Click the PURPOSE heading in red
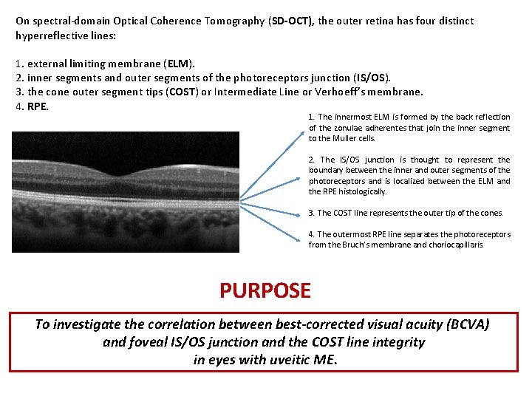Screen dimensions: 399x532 pyautogui.click(x=265, y=290)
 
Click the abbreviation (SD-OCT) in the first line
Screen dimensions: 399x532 pyautogui.click(x=292, y=21)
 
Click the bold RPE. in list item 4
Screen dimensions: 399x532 pyautogui.click(x=38, y=106)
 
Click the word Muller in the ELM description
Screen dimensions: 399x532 pyautogui.click(x=344, y=138)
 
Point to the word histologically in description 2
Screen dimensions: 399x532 pyautogui.click(x=357, y=191)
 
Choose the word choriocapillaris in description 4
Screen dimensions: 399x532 pyautogui.click(x=457, y=245)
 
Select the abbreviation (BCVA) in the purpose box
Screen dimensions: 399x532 pyautogui.click(x=462, y=324)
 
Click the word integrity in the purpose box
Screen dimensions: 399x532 pyautogui.click(x=397, y=342)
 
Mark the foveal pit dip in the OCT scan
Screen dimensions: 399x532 pyautogui.click(x=126, y=163)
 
